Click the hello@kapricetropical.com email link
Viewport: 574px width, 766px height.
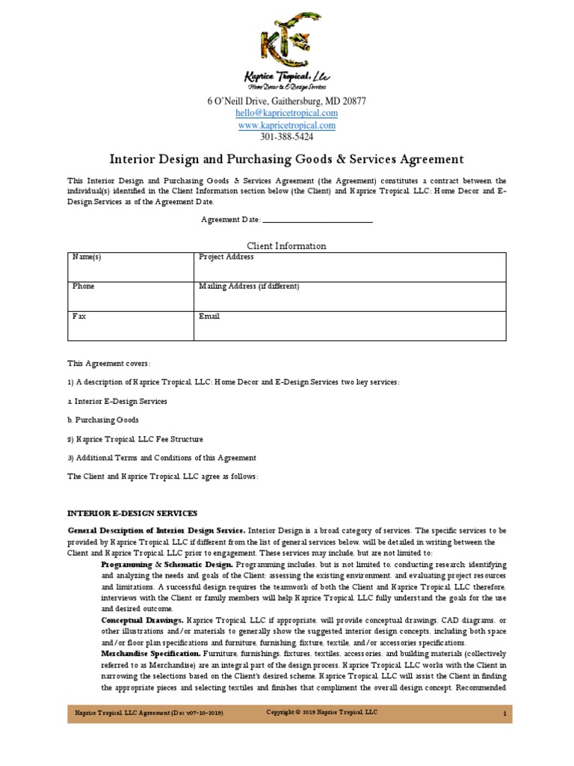(x=286, y=113)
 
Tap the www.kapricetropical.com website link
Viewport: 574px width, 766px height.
(x=286, y=125)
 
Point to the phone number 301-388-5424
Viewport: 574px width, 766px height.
(x=286, y=137)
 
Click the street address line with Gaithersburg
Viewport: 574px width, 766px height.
(x=286, y=101)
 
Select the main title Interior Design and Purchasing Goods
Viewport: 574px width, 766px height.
(x=287, y=159)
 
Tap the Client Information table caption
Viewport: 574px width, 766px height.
(x=286, y=245)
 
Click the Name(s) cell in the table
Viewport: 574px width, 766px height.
(x=129, y=266)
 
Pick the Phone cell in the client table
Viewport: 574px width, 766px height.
(x=129, y=296)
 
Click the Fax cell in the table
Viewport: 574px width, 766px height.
(x=129, y=325)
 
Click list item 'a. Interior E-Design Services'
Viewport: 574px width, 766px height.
(x=117, y=401)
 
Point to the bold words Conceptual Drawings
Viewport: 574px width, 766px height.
(x=142, y=621)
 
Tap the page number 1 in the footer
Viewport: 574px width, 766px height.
(x=505, y=714)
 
